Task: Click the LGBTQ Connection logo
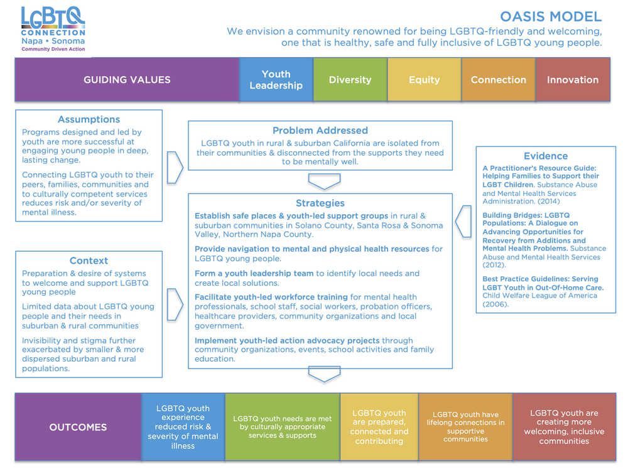pyautogui.click(x=53, y=29)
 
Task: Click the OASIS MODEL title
pyautogui.click(x=550, y=17)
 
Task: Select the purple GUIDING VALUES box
pyautogui.click(x=127, y=80)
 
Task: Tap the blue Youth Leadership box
pyautogui.click(x=276, y=80)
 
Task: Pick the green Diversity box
pyautogui.click(x=350, y=80)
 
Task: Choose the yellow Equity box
pyautogui.click(x=424, y=80)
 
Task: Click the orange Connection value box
pyautogui.click(x=498, y=80)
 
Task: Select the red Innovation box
pyautogui.click(x=572, y=80)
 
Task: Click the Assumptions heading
pyautogui.click(x=89, y=119)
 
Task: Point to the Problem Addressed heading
pyautogui.click(x=320, y=131)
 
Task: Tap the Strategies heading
pyautogui.click(x=320, y=203)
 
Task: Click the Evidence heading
pyautogui.click(x=545, y=156)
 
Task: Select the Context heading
pyautogui.click(x=89, y=261)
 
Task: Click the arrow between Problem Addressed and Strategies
pyautogui.click(x=324, y=181)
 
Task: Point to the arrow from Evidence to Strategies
pyautogui.click(x=463, y=220)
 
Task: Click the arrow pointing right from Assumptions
pyautogui.click(x=175, y=166)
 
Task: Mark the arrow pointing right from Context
pyautogui.click(x=175, y=305)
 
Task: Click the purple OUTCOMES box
pyautogui.click(x=78, y=427)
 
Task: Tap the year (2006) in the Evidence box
pyautogui.click(x=495, y=305)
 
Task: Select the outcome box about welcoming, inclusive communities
pyautogui.click(x=564, y=427)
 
